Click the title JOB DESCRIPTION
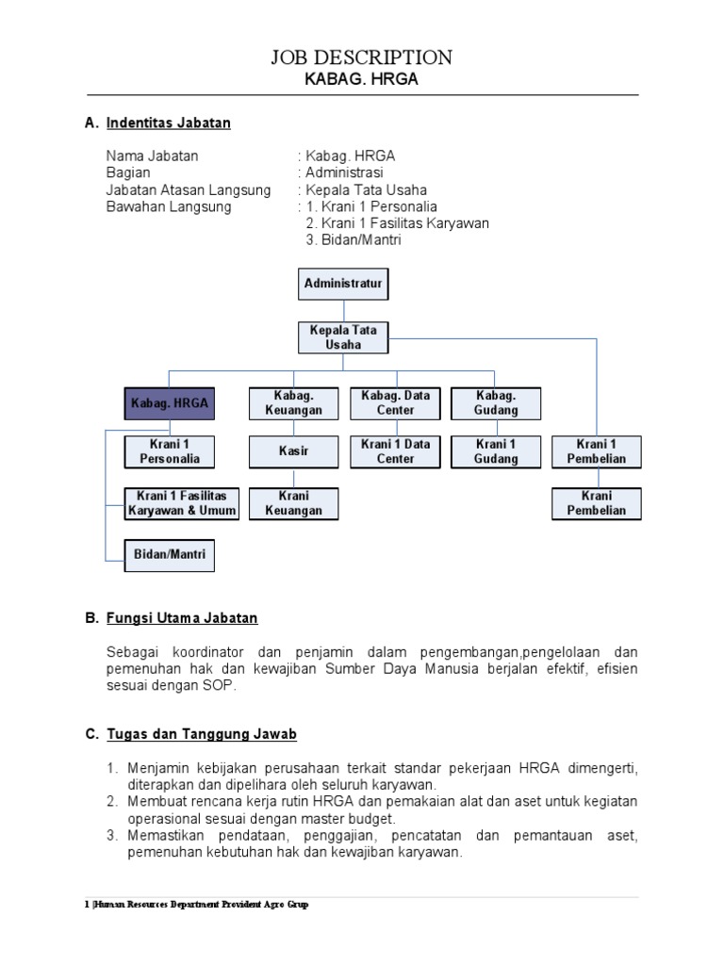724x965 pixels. [362, 57]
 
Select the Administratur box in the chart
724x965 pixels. [344, 283]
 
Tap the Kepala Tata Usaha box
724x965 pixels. [343, 337]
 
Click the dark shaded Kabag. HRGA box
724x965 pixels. [170, 403]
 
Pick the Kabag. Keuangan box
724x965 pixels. [293, 403]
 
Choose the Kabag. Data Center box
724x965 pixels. [395, 403]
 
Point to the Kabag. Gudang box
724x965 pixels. [496, 403]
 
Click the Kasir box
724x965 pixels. [293, 451]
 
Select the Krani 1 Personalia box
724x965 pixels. [170, 451]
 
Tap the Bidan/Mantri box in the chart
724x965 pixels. [170, 555]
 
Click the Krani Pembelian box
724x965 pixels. [597, 503]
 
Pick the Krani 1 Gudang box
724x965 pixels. [496, 451]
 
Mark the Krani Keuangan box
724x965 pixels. [293, 503]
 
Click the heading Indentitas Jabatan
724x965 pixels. [169, 123]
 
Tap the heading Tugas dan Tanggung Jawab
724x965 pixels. [203, 734]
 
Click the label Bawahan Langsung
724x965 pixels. [169, 206]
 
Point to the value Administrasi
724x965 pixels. [343, 173]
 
